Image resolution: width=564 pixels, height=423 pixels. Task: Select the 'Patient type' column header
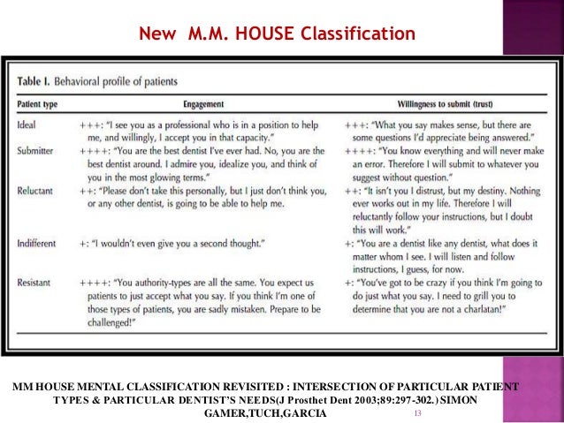[42, 103]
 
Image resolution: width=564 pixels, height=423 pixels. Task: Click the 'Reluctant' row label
[39, 191]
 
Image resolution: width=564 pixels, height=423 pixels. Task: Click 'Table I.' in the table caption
[36, 81]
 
